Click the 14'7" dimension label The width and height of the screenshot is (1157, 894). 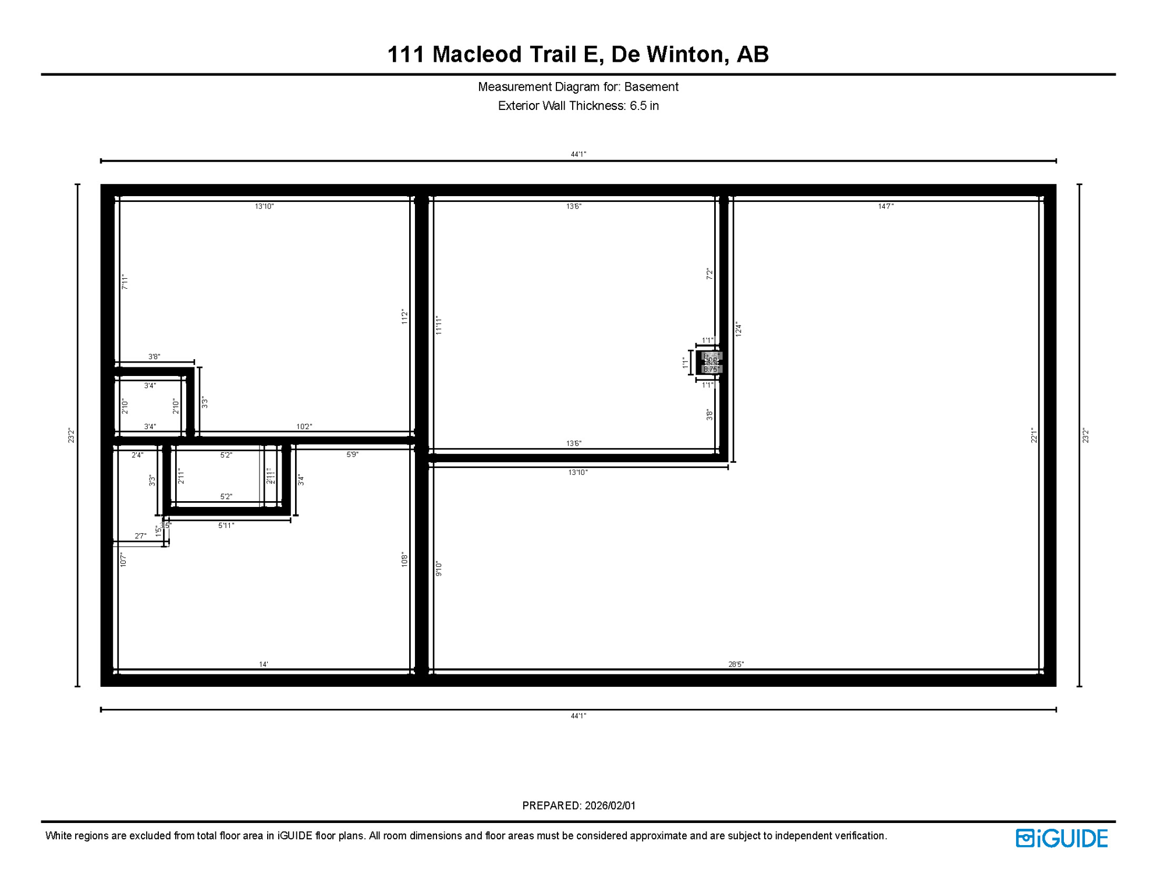[x=885, y=206]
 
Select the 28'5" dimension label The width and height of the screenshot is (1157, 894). [x=736, y=664]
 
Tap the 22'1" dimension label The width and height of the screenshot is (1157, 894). [x=1034, y=435]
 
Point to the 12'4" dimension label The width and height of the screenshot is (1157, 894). [x=738, y=329]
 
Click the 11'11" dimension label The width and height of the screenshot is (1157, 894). [x=439, y=325]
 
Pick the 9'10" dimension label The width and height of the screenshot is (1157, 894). [x=439, y=569]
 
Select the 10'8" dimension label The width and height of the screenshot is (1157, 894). [x=404, y=560]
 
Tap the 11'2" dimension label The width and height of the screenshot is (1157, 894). [x=404, y=317]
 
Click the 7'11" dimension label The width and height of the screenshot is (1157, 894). [x=125, y=282]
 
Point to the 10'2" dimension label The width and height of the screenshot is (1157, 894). [x=304, y=427]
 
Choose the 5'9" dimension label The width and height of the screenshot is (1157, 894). [x=352, y=455]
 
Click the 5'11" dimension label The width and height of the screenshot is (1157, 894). [x=226, y=526]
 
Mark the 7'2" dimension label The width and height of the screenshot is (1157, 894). [x=709, y=274]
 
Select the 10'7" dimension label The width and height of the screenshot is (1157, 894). [x=123, y=560]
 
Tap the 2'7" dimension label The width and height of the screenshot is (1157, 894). [x=140, y=536]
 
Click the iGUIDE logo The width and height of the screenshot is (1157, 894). [x=1062, y=838]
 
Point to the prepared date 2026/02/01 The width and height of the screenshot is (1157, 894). [x=610, y=806]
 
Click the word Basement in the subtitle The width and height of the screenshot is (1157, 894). [x=651, y=87]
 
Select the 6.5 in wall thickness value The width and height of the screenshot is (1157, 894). [x=644, y=106]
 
